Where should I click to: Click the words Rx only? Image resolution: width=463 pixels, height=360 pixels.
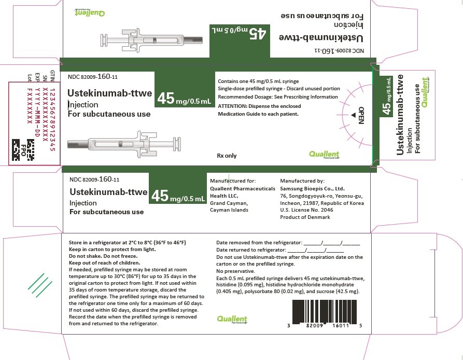pyautogui.click(x=227, y=155)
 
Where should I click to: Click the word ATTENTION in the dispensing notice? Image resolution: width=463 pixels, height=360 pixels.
pyautogui.click(x=235, y=106)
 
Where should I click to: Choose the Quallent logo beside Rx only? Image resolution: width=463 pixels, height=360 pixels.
pyautogui.click(x=324, y=154)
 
